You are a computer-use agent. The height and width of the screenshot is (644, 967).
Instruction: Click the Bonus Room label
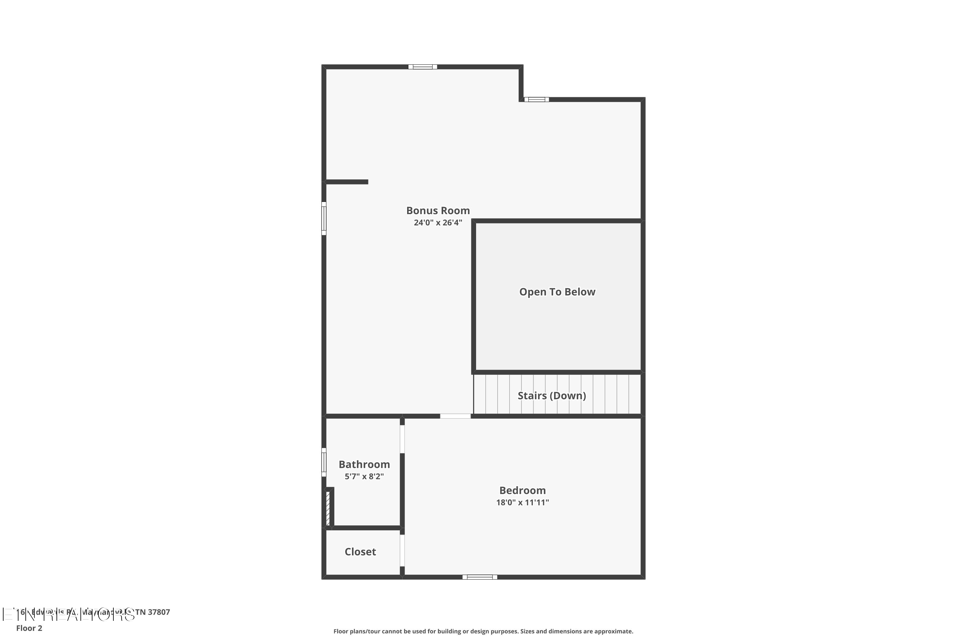(438, 211)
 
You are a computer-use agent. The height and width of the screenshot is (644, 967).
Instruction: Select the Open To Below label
(557, 292)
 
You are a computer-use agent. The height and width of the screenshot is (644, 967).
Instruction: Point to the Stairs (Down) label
(552, 395)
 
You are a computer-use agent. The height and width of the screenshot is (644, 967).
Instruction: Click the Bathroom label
(364, 465)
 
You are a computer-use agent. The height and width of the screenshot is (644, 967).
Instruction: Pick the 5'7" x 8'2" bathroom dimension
(364, 477)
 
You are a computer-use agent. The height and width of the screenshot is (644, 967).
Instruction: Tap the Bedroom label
(523, 490)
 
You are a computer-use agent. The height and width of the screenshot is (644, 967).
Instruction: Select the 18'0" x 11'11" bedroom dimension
(523, 502)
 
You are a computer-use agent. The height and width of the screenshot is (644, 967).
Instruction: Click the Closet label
(360, 552)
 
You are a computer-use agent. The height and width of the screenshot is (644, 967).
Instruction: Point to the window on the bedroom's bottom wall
(480, 577)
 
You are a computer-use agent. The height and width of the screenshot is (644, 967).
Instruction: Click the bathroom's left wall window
(324, 462)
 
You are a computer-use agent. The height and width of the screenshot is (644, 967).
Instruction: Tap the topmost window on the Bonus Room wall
(423, 67)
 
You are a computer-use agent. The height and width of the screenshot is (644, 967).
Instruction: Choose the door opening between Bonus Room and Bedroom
(455, 416)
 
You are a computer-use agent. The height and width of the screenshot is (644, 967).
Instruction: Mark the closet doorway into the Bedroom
(403, 550)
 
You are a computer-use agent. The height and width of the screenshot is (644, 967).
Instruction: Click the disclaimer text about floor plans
(483, 631)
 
